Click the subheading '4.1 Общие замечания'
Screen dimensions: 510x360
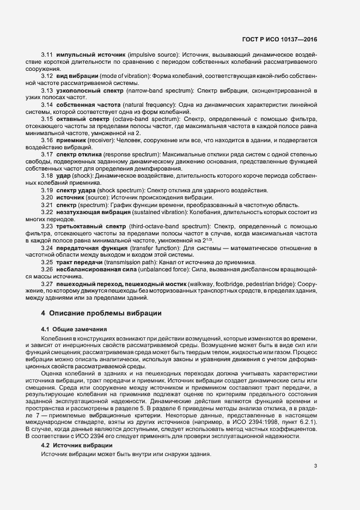[x=70, y=330]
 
